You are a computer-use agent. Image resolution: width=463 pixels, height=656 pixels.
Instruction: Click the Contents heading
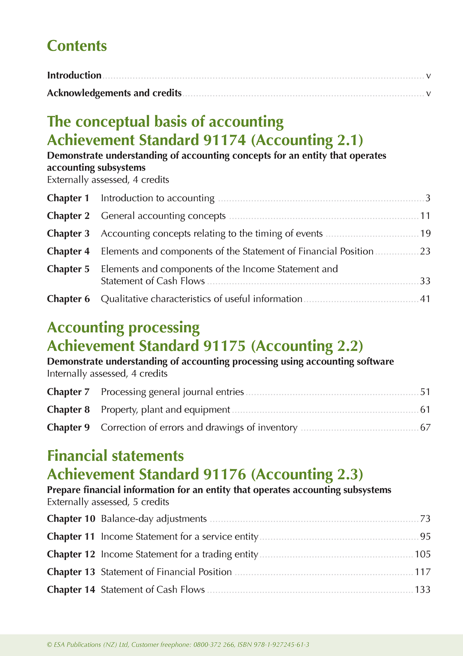coord(77,46)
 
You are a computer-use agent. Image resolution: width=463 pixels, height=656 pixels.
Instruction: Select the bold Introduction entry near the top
coord(74,76)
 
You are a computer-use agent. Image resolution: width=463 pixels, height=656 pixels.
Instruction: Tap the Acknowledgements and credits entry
coord(114,93)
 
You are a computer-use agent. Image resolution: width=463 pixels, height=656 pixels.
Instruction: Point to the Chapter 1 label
coord(68,198)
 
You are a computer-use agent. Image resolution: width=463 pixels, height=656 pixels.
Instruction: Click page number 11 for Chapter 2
coord(425,216)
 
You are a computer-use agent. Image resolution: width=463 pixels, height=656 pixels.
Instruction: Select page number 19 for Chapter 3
coord(425,233)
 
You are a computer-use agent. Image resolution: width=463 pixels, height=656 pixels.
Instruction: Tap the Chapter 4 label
coord(68,251)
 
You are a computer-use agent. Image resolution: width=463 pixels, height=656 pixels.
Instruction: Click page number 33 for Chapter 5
coord(425,281)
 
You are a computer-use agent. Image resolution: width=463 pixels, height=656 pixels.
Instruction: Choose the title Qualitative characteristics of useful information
coord(202,299)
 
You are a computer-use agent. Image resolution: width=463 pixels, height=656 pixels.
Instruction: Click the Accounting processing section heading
coord(123,328)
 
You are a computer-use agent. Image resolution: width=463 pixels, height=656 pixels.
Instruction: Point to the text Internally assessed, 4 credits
coord(107,374)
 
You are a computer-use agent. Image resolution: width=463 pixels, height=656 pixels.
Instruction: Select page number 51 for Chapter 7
coord(425,392)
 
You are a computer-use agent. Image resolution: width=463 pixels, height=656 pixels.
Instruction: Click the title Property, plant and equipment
coord(165,409)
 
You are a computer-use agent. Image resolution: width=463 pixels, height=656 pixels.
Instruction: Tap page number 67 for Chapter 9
coord(425,427)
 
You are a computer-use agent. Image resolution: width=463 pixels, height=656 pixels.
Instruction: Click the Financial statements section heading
coord(115,456)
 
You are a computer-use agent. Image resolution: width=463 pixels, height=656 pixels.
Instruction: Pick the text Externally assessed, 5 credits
coord(108,502)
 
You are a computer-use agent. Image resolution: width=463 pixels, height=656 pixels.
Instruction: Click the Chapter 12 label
coord(71,554)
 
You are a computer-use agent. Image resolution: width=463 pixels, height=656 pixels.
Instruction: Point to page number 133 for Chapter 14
coord(423,589)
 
